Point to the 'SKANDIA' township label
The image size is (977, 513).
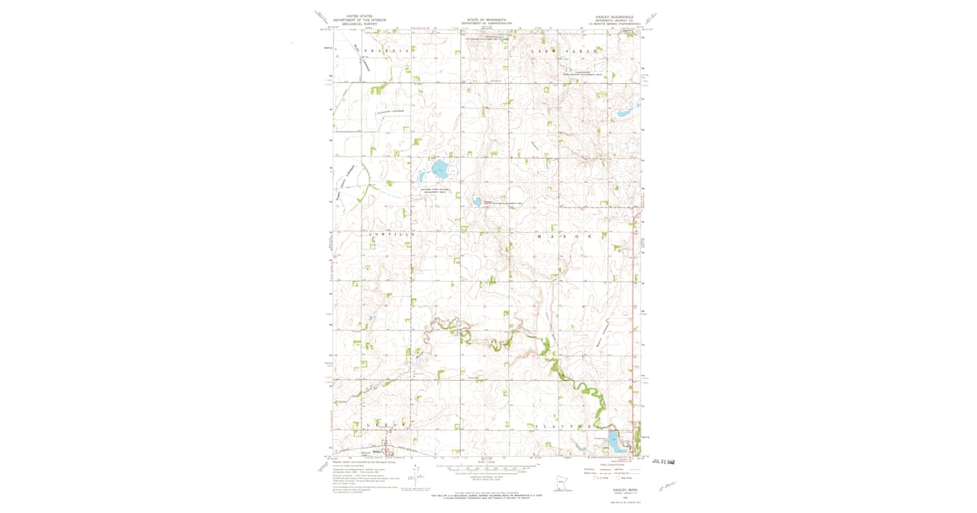click(x=383, y=51)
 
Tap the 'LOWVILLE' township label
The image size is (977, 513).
click(x=392, y=235)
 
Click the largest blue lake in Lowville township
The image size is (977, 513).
click(x=438, y=171)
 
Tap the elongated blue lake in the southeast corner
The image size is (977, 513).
click(x=616, y=445)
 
